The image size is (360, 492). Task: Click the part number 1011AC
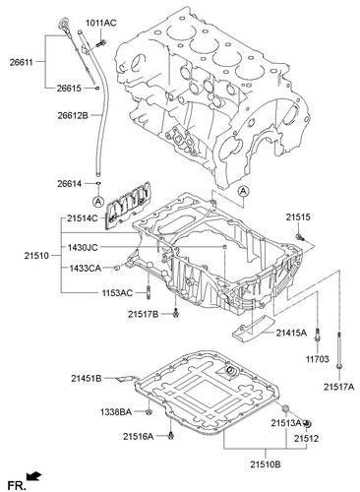point(101,23)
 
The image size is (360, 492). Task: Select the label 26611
point(22,62)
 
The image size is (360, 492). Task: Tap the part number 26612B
point(73,115)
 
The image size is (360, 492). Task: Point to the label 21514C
point(83,218)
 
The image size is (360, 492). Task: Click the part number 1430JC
point(83,248)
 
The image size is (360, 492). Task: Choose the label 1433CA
point(85,269)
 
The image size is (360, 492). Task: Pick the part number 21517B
point(144,315)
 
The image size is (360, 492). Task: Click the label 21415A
point(291,334)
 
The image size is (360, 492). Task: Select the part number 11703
point(318,359)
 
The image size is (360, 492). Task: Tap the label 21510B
point(266,464)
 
